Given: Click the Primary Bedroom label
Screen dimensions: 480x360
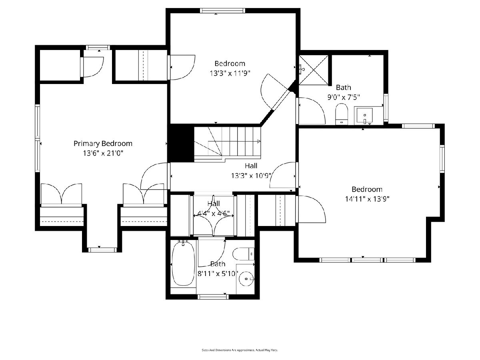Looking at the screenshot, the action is (103, 143).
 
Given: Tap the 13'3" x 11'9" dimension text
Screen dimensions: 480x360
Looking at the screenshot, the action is (230, 73).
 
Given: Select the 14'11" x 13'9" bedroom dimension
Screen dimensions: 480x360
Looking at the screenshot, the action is (367, 199).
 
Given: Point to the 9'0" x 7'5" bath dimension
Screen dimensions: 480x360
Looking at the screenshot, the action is (344, 97).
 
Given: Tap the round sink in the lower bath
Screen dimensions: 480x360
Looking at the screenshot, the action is (246, 279).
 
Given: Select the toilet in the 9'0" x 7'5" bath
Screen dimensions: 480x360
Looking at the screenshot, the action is (342, 114).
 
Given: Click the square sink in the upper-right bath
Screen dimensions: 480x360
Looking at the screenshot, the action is (364, 115).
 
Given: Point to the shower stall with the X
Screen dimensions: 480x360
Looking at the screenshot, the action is (314, 70).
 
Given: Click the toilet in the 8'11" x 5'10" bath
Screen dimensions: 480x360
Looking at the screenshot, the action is (243, 254).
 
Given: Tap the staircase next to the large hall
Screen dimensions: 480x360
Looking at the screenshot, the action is (228, 144).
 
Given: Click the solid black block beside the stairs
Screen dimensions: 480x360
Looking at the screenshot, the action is (181, 143).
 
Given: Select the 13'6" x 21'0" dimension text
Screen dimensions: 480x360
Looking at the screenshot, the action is (103, 153).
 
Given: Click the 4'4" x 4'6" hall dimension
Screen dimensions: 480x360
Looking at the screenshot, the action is (213, 213).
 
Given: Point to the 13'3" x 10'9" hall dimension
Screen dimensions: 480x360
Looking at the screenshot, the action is (251, 176).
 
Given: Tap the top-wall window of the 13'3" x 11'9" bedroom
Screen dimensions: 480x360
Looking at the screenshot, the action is (222, 10).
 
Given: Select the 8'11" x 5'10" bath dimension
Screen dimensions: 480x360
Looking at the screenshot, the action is (218, 274).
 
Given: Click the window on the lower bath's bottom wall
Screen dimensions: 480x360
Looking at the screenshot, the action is (213, 297).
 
